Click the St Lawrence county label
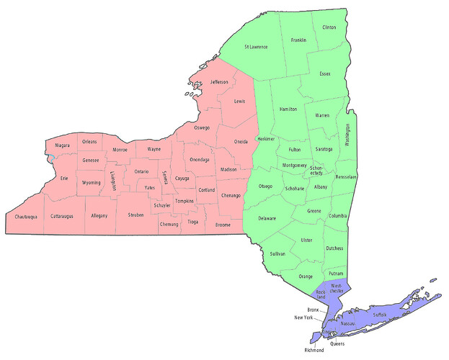256,47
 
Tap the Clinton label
329,27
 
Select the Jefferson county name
219,82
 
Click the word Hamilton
288,108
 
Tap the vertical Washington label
347,135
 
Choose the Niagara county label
62,145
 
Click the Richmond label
315,350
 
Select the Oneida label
241,142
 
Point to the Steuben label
136,215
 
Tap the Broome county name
223,225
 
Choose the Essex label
325,73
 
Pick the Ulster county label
307,239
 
